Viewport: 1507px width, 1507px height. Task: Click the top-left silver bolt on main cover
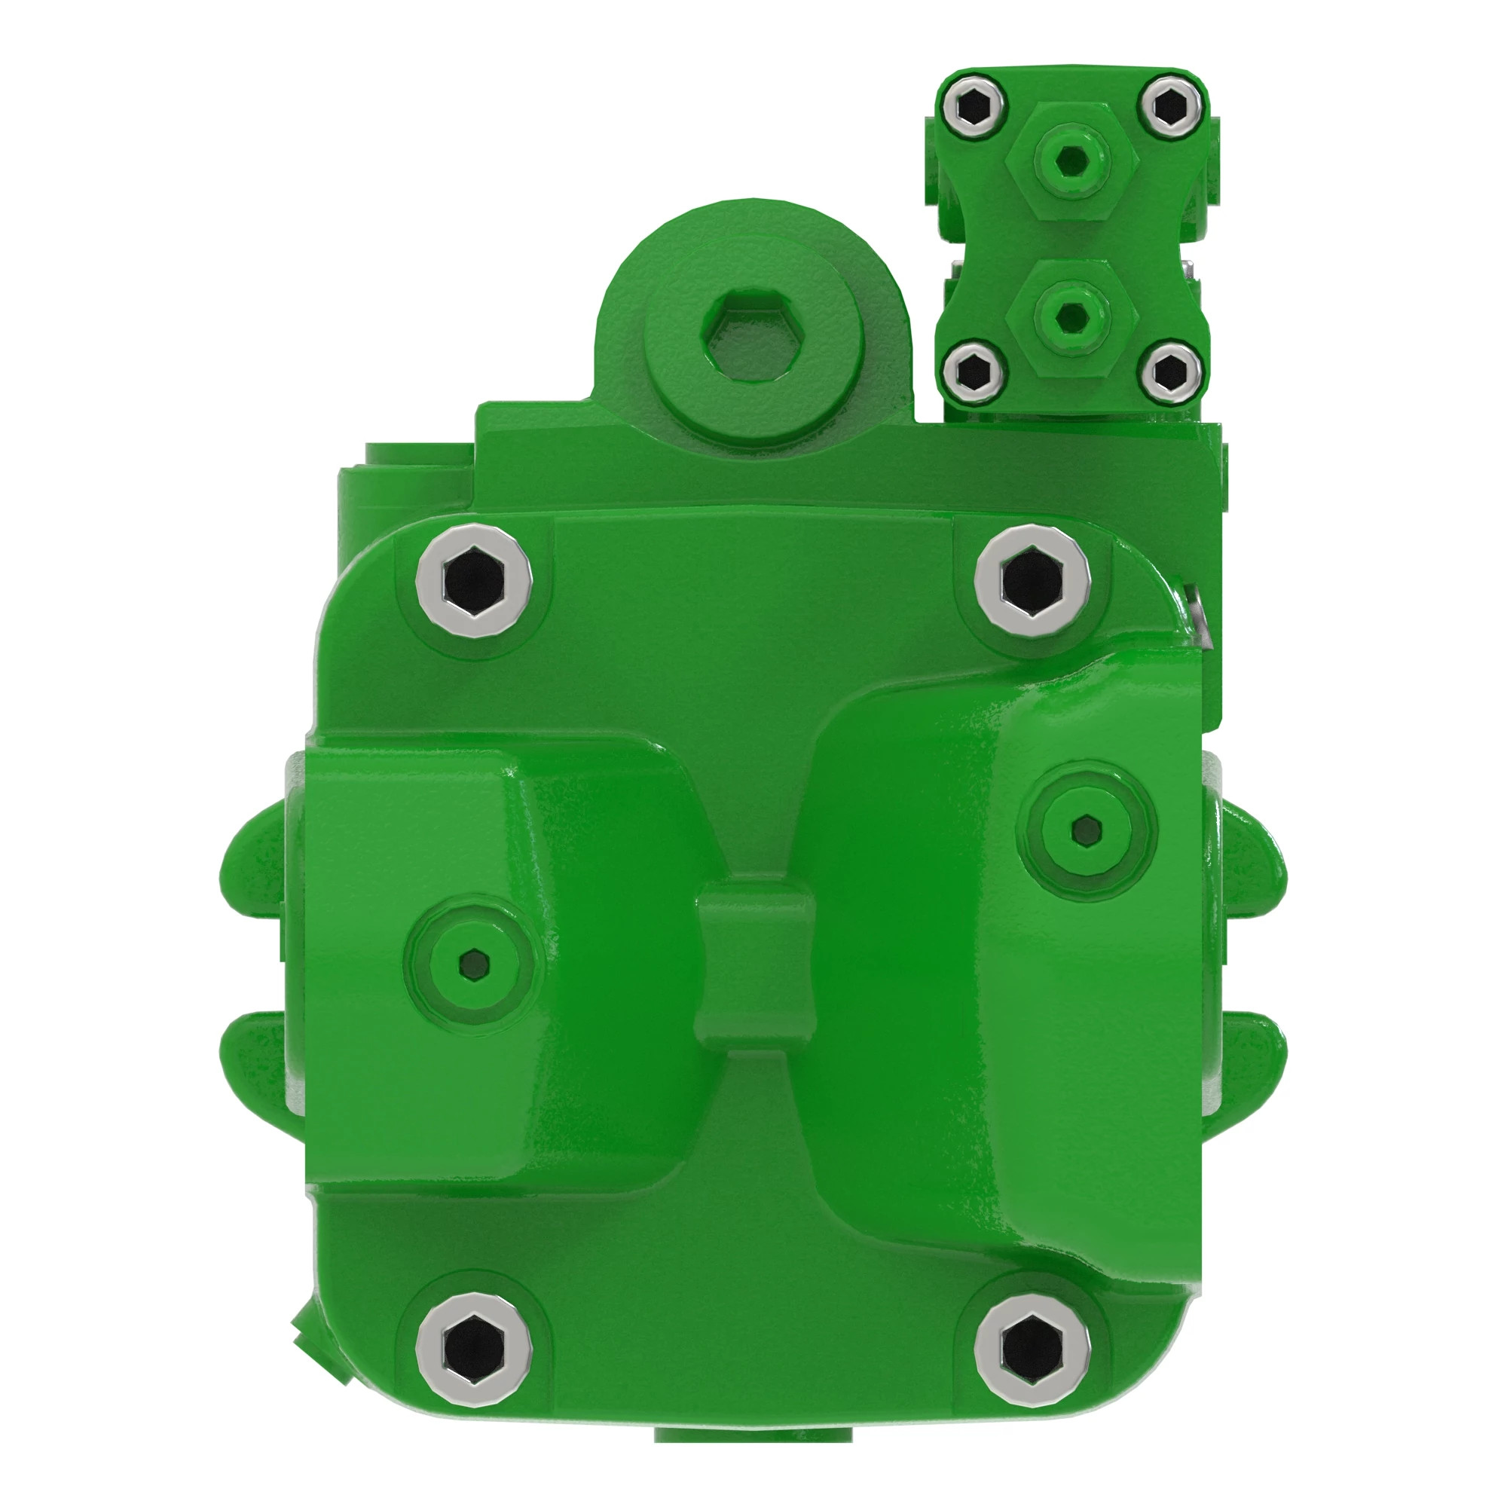tap(473, 581)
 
